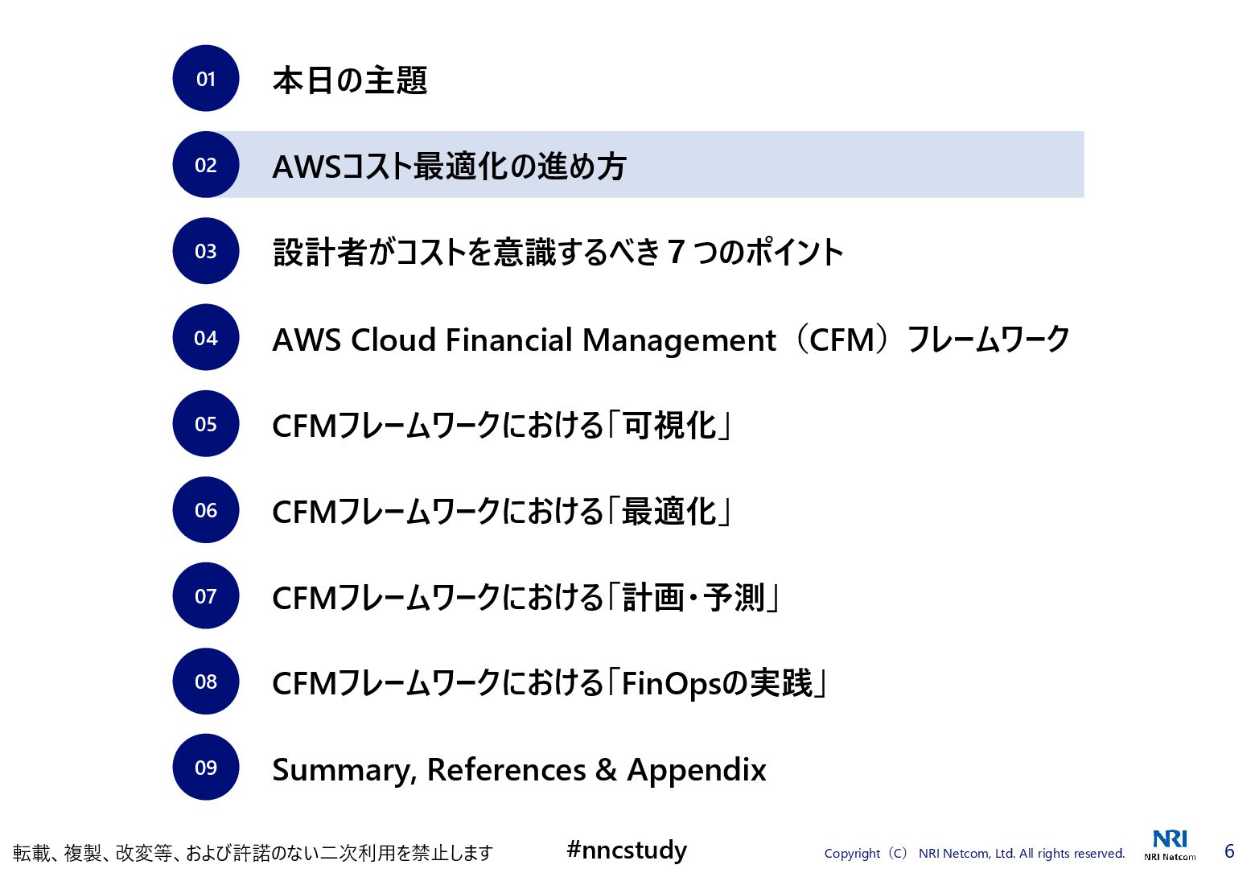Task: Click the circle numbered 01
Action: point(206,79)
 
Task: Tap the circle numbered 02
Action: point(206,165)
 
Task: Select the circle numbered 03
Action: point(206,251)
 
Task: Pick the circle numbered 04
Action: point(206,338)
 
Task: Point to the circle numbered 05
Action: point(206,424)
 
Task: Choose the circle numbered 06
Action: point(206,510)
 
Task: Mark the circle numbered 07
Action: point(206,596)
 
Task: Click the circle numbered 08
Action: point(206,682)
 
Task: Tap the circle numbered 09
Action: point(206,768)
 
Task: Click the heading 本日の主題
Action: point(350,80)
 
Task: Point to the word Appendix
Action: point(697,770)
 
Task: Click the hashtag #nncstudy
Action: point(627,850)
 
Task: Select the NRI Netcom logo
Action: point(1170,844)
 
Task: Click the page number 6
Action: point(1229,851)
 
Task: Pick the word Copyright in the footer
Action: point(852,854)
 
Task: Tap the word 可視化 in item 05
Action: point(669,426)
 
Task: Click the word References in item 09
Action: point(506,770)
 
